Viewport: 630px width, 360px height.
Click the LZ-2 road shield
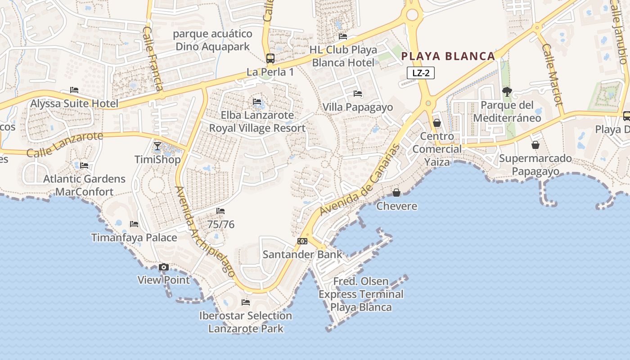(x=421, y=73)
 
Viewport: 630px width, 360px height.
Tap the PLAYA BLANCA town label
(x=448, y=56)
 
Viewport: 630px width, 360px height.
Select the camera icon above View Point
(x=164, y=267)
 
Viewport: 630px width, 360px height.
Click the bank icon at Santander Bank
(x=302, y=241)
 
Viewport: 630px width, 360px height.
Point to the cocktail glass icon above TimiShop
(x=157, y=146)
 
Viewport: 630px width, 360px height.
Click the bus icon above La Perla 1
(x=270, y=58)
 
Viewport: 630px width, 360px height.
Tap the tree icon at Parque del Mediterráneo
(x=507, y=92)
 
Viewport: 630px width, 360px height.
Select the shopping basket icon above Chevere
(x=396, y=193)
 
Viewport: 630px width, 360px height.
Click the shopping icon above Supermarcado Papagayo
(x=535, y=145)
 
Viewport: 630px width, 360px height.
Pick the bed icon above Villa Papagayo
(x=358, y=94)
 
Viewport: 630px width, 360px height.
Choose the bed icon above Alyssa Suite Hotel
(x=74, y=90)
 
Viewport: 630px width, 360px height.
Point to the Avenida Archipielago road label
(x=205, y=232)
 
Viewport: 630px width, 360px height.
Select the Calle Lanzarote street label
(x=65, y=144)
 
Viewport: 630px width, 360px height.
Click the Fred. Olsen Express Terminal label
(x=361, y=294)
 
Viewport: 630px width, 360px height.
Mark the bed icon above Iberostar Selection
(x=246, y=302)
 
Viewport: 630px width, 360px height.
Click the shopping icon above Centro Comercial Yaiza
(x=436, y=123)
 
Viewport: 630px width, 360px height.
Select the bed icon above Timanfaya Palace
(x=134, y=224)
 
